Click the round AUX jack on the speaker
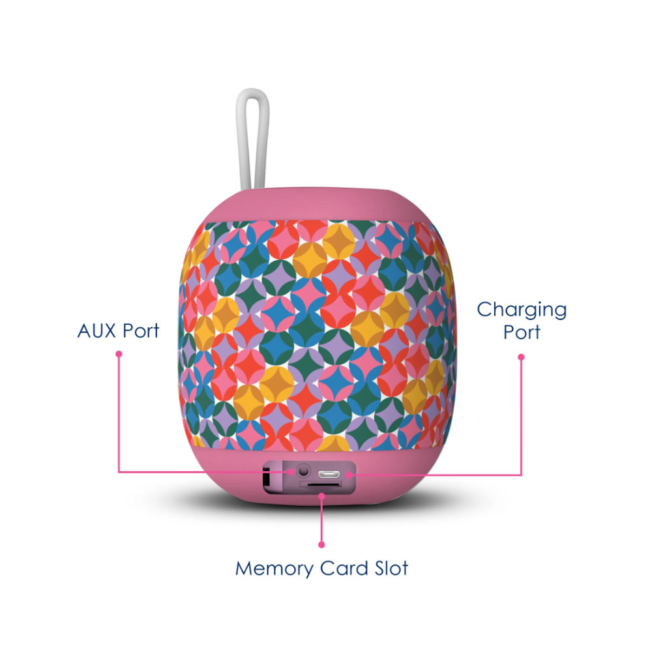tap(303, 470)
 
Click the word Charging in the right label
tap(522, 310)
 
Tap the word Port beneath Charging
tap(522, 332)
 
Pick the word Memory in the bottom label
tap(274, 568)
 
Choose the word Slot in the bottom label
tap(389, 568)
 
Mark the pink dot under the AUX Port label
tap(119, 354)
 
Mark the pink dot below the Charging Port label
tap(521, 357)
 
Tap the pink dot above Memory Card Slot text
tap(321, 544)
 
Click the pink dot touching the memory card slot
tap(321, 495)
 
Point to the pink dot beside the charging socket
tap(349, 474)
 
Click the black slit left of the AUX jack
tap(266, 477)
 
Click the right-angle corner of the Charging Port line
tap(521, 474)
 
